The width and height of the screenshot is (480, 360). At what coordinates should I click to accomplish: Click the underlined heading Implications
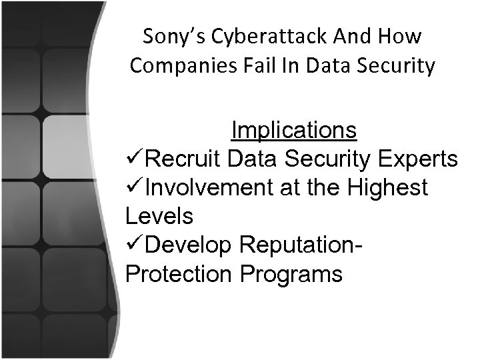coord(293,131)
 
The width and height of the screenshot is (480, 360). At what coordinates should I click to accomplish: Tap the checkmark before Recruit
coord(134,160)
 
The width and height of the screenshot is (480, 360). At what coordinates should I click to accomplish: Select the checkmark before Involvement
coord(134,189)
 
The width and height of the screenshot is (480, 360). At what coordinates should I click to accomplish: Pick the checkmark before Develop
coord(134,245)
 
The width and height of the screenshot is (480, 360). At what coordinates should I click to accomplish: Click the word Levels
coord(159,217)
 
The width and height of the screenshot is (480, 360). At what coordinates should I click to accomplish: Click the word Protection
coord(179,274)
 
